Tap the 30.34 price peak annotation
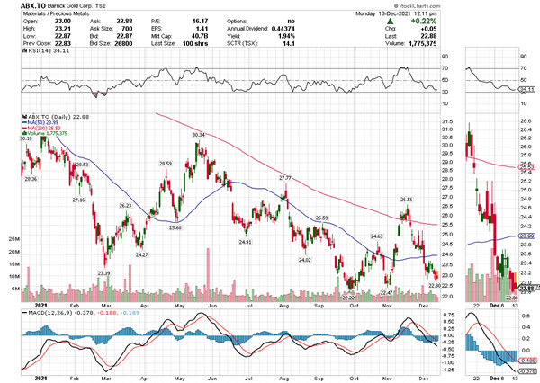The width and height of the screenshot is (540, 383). (x=198, y=135)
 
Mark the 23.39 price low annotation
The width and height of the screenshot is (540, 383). (x=104, y=272)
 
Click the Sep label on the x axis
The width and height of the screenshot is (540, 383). (x=319, y=304)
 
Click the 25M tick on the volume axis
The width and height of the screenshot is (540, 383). (x=13, y=239)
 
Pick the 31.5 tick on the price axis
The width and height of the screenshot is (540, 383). (x=447, y=121)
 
